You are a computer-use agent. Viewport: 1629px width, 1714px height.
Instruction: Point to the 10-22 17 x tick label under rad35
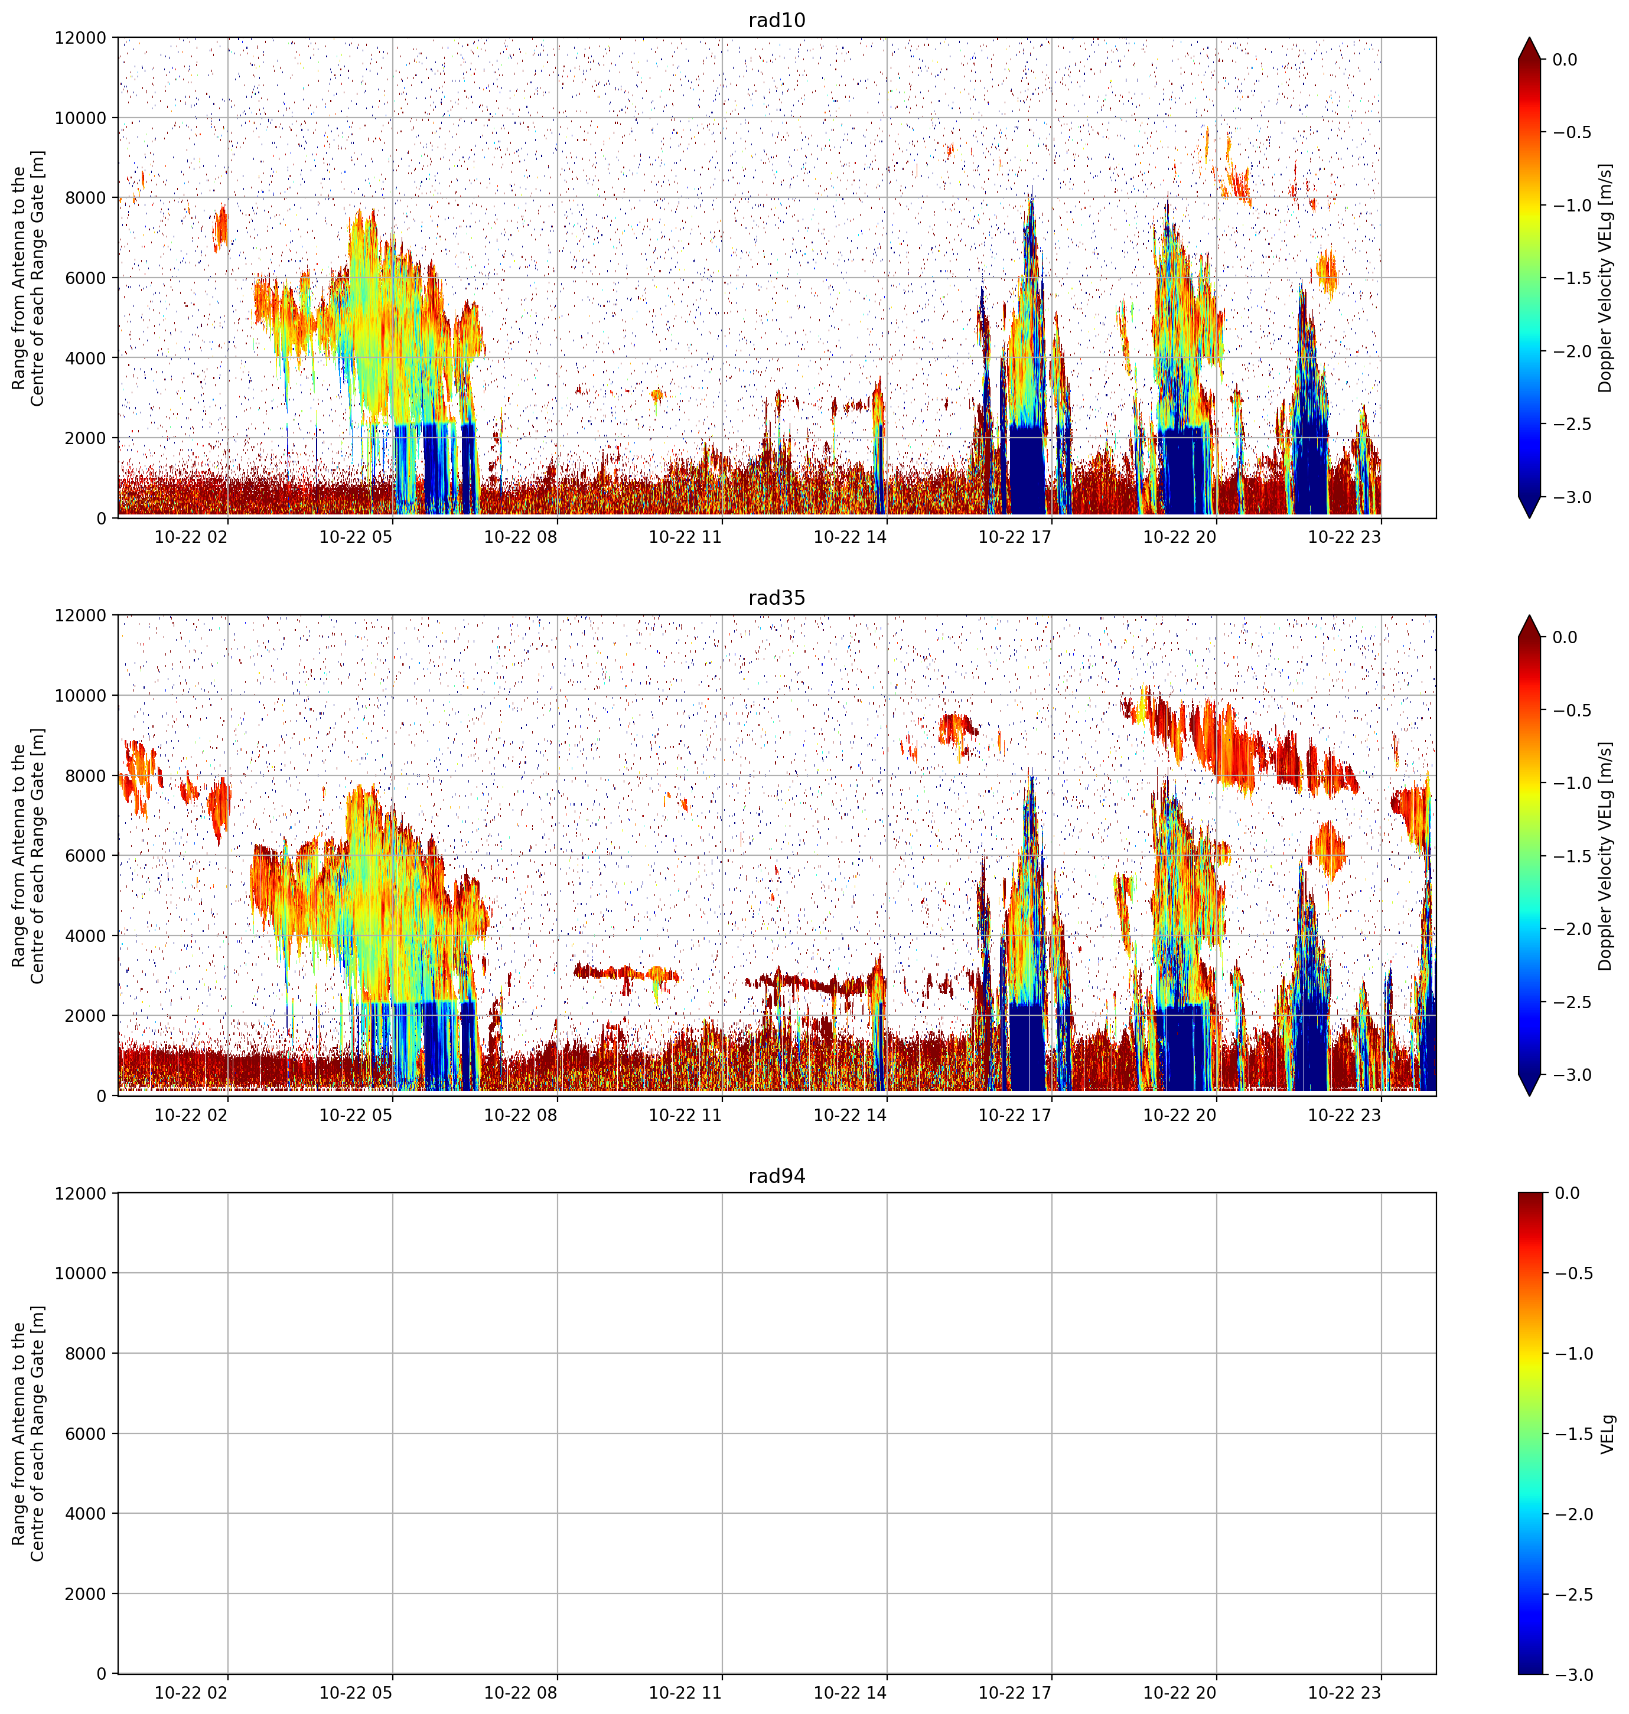point(1015,1114)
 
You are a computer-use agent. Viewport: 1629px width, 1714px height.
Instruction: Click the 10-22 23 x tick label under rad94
point(1344,1692)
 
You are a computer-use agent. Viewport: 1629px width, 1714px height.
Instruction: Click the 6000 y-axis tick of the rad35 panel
point(87,855)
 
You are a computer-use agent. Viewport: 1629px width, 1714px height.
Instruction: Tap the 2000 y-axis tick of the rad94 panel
point(87,1594)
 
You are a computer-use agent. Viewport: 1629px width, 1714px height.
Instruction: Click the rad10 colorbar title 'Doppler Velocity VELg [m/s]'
point(1605,278)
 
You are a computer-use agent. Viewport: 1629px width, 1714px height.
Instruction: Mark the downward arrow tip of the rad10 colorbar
point(1530,517)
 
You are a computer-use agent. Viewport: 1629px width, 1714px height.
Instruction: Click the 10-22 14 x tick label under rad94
point(850,1692)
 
